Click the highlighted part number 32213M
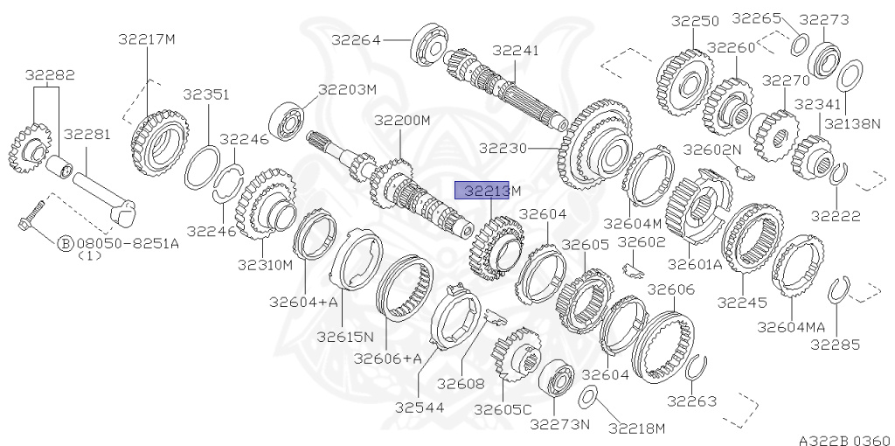click(491, 191)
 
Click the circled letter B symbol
click(65, 244)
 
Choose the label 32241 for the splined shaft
click(516, 50)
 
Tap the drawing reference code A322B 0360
click(844, 439)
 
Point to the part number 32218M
click(637, 428)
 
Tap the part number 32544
click(420, 406)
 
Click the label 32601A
click(695, 264)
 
